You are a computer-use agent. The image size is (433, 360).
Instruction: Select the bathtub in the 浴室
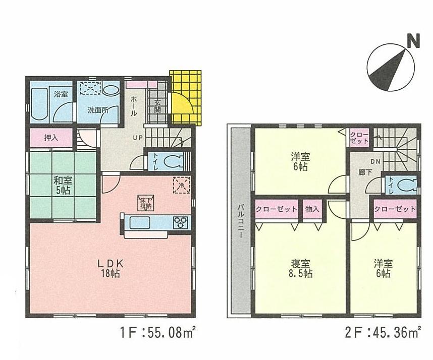click(x=39, y=104)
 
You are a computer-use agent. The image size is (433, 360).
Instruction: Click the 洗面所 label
click(x=97, y=109)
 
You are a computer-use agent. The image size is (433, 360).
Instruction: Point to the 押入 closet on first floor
click(x=51, y=138)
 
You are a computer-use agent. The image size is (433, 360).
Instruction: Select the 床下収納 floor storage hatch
click(x=145, y=202)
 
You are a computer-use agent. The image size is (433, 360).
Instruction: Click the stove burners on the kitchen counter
click(x=180, y=222)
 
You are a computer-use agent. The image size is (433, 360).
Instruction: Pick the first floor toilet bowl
click(x=174, y=162)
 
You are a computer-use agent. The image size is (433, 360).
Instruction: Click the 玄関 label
click(x=157, y=107)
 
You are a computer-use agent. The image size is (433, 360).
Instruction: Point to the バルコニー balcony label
click(x=241, y=222)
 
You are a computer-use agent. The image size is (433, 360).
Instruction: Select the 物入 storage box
click(x=312, y=209)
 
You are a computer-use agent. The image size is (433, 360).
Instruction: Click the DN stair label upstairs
click(x=374, y=162)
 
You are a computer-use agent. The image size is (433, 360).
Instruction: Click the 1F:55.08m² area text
click(x=158, y=333)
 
